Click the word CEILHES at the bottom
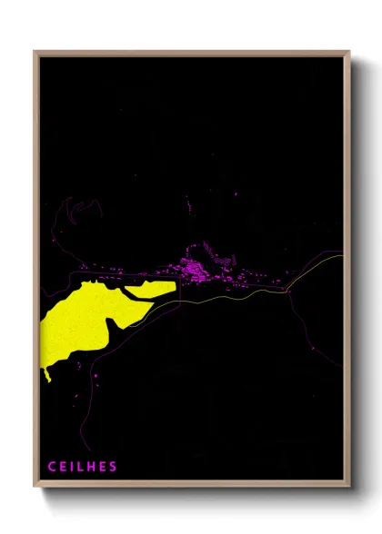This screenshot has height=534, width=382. pyautogui.click(x=83, y=467)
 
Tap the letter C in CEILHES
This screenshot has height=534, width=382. pyautogui.click(x=52, y=467)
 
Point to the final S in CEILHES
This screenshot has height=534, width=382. pyautogui.click(x=114, y=467)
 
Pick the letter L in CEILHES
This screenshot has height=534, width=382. pyautogui.click(x=83, y=467)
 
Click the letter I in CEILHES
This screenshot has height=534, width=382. pyautogui.click(x=75, y=467)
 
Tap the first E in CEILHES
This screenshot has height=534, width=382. pyautogui.click(x=63, y=467)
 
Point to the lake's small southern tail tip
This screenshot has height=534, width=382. pyautogui.click(x=46, y=375)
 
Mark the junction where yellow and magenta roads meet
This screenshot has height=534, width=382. pyautogui.click(x=286, y=290)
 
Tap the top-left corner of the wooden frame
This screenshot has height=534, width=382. pyautogui.click(x=35, y=52)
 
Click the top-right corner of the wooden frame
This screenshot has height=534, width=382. pyautogui.click(x=349, y=52)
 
